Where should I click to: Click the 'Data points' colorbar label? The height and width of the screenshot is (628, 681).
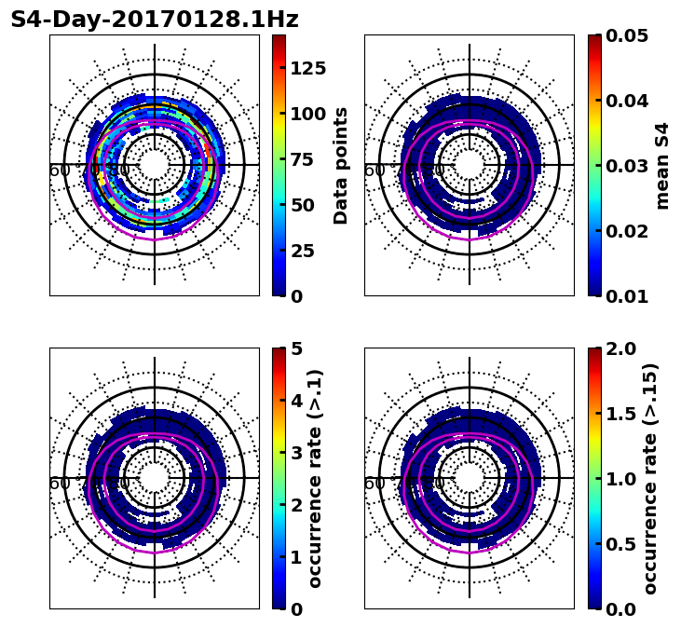(x=341, y=165)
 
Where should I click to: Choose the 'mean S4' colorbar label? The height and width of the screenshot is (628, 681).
(x=662, y=165)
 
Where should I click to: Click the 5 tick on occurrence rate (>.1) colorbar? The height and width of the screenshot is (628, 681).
(x=297, y=348)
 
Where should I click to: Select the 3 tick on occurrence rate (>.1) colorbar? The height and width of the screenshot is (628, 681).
(x=297, y=453)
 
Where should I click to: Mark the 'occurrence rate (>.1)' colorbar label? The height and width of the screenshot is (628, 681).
(x=315, y=478)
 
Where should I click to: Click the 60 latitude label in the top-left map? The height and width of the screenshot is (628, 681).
(x=59, y=171)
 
